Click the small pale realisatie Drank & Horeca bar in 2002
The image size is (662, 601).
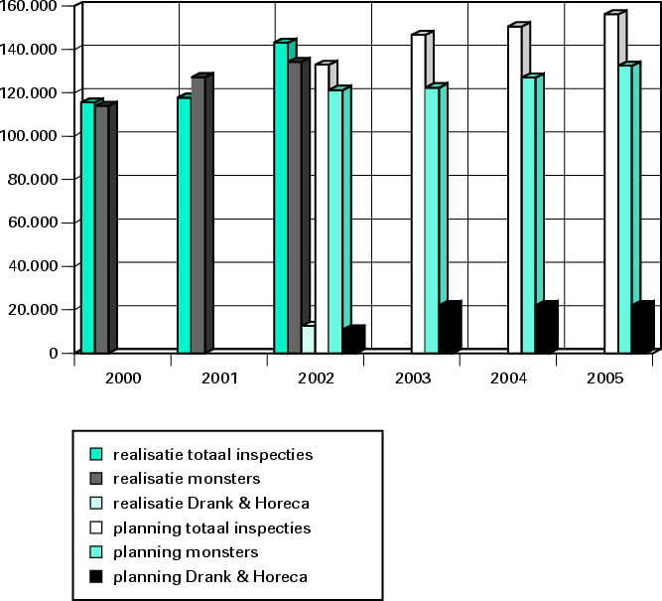point(308,339)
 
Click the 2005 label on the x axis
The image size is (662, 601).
point(605,378)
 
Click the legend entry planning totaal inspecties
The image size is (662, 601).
point(211,527)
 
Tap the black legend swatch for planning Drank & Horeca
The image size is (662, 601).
point(96,576)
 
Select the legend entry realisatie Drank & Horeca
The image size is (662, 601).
point(211,503)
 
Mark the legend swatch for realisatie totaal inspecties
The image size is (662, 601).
point(96,455)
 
